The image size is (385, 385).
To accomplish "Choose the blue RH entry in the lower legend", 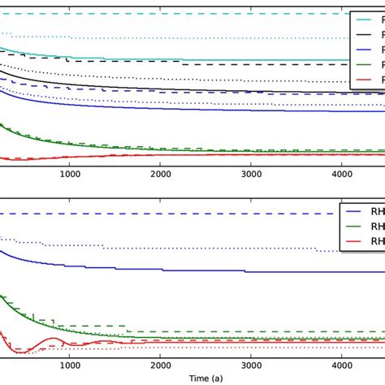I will coord(362,212).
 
